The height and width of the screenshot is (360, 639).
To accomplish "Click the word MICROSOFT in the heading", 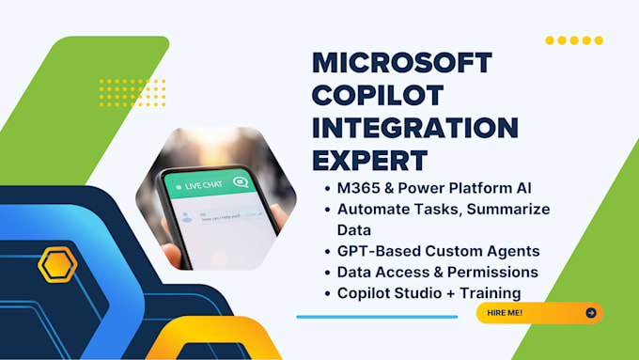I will click(401, 64).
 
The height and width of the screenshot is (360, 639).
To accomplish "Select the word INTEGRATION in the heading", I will click(414, 126).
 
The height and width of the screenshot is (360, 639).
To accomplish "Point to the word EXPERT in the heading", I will click(369, 157).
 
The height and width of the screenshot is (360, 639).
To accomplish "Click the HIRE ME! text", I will click(506, 313).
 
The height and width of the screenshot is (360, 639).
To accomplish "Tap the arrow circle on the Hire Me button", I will click(590, 313).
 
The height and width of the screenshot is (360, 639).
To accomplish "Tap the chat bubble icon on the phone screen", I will click(241, 181).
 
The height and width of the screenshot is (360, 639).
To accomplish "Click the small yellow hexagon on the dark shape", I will click(56, 265).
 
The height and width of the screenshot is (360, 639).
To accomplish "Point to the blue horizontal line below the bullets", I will click(376, 317).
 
